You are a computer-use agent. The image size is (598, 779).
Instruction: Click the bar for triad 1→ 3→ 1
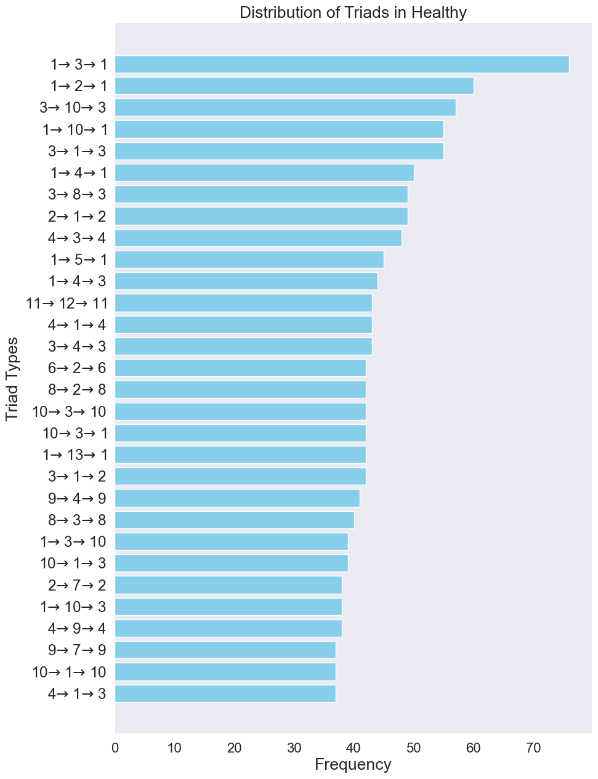tap(342, 64)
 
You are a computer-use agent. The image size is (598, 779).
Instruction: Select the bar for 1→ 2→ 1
tap(294, 86)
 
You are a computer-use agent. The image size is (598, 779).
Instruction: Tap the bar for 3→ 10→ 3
tap(285, 108)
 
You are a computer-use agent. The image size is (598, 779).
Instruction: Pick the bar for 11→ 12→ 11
tap(243, 303)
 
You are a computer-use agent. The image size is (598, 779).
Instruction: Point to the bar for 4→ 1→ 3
tap(225, 693)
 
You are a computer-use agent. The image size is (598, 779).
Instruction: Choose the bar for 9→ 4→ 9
tap(237, 498)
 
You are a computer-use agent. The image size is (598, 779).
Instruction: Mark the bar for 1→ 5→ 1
tap(249, 259)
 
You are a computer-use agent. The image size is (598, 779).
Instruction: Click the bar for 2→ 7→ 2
tap(228, 585)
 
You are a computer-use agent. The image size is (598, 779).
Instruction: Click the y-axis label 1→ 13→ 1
tap(75, 455)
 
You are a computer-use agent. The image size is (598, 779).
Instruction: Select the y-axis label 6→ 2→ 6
tap(77, 368)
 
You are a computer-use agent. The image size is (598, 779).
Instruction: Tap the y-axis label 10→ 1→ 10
tap(69, 672)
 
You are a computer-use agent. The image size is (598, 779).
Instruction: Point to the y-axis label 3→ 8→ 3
tap(77, 195)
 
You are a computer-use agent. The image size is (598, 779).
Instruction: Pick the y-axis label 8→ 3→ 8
tap(77, 520)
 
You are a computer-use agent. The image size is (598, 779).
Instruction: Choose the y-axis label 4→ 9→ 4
tap(77, 629)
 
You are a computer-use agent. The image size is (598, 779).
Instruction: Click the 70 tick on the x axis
tap(533, 748)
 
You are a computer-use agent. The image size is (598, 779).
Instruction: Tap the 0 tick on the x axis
tap(115, 748)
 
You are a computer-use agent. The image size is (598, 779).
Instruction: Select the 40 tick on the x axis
tap(354, 748)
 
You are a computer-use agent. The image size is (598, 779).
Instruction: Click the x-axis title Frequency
tap(353, 765)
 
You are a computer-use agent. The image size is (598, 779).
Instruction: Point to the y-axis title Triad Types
tap(12, 379)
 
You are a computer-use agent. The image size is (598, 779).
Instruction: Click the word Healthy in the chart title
tap(438, 12)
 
